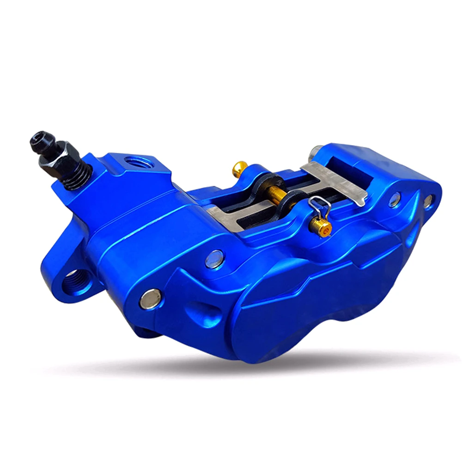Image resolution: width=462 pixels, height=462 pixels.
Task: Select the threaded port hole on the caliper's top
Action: point(136,163)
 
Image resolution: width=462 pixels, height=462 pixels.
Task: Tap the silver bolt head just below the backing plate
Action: point(214,259)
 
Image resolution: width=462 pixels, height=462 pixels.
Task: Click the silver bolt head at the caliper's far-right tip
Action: point(428,201)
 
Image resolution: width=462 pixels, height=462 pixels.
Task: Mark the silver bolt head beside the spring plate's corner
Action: point(395,200)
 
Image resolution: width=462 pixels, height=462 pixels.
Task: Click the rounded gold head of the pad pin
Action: point(239,168)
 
